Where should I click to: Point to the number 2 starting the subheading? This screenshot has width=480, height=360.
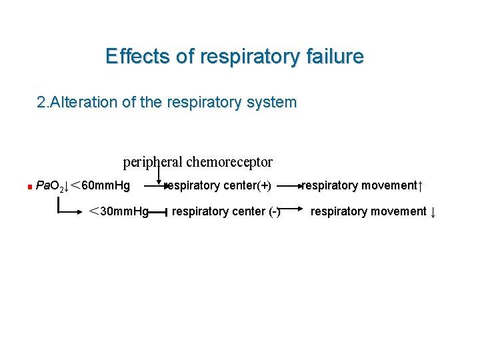[x=41, y=103]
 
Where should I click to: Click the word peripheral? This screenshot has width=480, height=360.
[x=153, y=162]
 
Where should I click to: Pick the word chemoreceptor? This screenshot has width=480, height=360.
[x=229, y=162]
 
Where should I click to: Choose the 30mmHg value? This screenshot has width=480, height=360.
[x=124, y=212]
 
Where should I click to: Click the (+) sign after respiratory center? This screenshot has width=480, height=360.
[x=265, y=185]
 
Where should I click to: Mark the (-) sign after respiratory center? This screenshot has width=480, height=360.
[x=274, y=212]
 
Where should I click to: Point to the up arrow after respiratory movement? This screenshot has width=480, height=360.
[x=421, y=185]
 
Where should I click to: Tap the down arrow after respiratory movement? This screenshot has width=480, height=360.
[x=433, y=213]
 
